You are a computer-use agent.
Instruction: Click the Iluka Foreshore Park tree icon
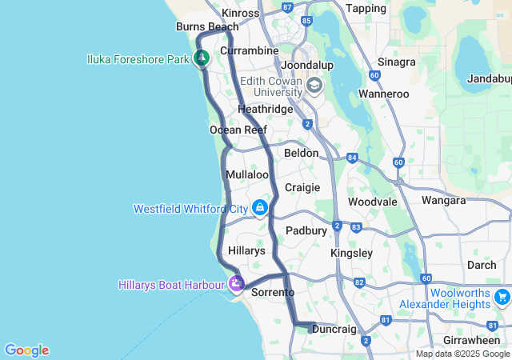202,58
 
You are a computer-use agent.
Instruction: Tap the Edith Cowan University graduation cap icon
314,85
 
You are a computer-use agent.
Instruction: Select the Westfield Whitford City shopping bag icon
259,208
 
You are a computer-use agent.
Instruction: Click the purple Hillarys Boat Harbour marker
236,283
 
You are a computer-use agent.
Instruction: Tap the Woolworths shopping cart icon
502,298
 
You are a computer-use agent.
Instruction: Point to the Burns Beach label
207,26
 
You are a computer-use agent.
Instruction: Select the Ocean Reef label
238,130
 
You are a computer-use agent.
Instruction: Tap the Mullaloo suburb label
247,174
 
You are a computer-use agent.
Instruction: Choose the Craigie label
302,187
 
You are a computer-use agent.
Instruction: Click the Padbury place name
306,230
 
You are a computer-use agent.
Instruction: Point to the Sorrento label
273,293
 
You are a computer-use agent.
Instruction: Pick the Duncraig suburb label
334,329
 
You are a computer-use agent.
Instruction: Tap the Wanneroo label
384,94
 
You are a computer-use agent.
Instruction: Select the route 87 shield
288,7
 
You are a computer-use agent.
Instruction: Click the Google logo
26,350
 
